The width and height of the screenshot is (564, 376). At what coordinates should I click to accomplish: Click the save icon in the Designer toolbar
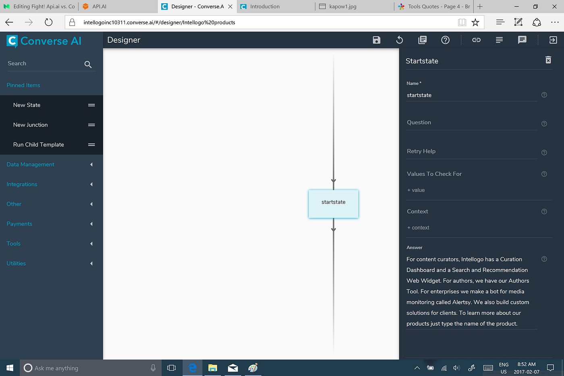coord(376,40)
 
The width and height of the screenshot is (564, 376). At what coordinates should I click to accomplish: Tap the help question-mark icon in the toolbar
coord(445,40)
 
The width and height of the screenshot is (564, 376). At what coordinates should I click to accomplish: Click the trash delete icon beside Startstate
coord(548,60)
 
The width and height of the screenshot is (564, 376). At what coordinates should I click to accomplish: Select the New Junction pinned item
coord(31,125)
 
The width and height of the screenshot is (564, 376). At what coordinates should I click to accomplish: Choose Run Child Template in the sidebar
coord(39,145)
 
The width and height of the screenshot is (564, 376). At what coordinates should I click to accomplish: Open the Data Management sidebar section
coord(31,164)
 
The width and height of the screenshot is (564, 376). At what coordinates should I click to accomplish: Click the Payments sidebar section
coord(19,224)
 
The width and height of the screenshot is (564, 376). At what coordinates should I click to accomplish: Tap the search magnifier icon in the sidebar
coord(88,64)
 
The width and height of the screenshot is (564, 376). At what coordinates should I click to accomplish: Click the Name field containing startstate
coord(471,96)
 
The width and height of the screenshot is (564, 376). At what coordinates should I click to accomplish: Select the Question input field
coord(471,123)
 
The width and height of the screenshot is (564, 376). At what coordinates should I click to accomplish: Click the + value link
coord(416,190)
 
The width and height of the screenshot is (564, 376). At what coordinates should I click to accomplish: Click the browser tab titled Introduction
coord(265,6)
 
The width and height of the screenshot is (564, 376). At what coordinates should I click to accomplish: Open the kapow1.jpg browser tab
coord(342,6)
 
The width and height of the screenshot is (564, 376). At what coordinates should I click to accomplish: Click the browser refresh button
coord(49,22)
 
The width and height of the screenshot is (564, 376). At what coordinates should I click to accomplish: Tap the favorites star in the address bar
coord(475,22)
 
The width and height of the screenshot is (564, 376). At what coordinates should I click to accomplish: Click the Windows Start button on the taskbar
coord(10,368)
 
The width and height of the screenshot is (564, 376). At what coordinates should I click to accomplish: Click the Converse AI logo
coord(44,41)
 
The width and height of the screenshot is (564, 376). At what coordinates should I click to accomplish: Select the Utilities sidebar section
coord(16,264)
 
